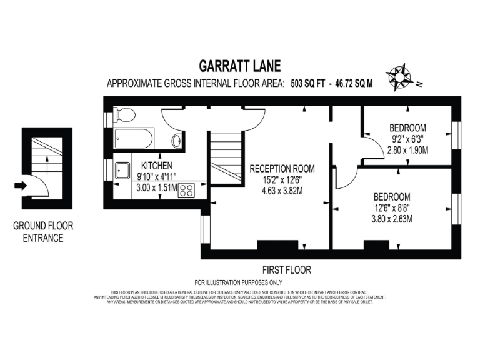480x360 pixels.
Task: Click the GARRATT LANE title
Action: click(x=239, y=66)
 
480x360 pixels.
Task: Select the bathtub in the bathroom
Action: click(x=134, y=138)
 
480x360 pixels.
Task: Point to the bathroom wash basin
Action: click(x=177, y=140)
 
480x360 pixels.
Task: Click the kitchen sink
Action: click(x=121, y=169)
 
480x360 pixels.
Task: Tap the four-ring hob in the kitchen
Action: click(x=186, y=190)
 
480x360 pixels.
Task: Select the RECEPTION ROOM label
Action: click(x=282, y=169)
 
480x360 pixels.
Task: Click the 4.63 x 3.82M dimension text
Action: click(x=282, y=191)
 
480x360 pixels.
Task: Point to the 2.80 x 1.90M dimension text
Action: click(x=409, y=150)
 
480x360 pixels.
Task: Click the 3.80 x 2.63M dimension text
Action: click(x=392, y=219)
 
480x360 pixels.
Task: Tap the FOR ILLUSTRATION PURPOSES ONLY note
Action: click(x=239, y=282)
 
